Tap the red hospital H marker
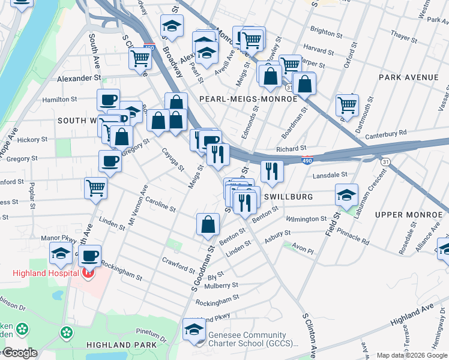(88, 274)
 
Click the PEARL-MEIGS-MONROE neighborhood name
(248, 98)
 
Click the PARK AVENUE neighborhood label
(408, 77)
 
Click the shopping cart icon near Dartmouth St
(347, 104)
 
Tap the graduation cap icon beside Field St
(346, 194)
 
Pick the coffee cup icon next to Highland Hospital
(90, 256)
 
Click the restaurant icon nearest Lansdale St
(272, 171)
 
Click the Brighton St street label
(327, 31)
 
